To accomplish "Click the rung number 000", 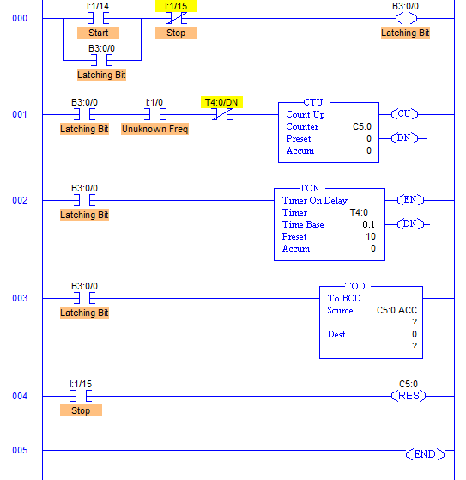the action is tap(20, 18).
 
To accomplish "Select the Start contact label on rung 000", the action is tap(98, 33).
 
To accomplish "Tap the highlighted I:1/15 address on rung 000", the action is tap(176, 6).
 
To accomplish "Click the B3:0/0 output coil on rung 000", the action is tap(406, 18).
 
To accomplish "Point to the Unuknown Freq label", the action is tap(154, 129).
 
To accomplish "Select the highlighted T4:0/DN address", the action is tap(221, 102).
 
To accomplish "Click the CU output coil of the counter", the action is tap(404, 114).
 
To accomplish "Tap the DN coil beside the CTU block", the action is tap(404, 138).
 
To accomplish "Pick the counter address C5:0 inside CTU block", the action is tap(362, 126).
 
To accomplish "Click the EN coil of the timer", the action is tap(410, 200).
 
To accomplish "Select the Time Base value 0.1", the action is tap(368, 224).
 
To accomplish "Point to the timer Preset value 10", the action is tap(371, 236).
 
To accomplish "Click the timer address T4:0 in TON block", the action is tap(359, 212).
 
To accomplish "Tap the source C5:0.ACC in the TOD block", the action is tap(396, 310).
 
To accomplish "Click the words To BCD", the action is tap(344, 298).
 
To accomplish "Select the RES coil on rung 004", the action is tap(409, 396).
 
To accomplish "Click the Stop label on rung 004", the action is tap(81, 410).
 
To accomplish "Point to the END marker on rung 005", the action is tap(425, 454).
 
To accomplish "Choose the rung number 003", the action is tap(20, 298).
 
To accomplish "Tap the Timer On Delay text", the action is tap(315, 200).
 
